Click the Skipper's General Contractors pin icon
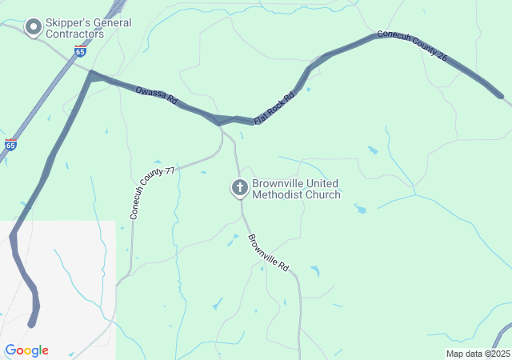(x=33, y=28)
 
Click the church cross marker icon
(x=239, y=188)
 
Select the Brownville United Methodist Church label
(x=296, y=189)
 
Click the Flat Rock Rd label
(x=274, y=108)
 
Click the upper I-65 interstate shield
(x=80, y=50)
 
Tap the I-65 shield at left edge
(x=10, y=145)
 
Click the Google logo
(x=26, y=350)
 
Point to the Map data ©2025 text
(x=478, y=354)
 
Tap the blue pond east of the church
(x=360, y=210)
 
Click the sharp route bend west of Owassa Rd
(x=93, y=76)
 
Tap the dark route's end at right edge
(x=501, y=97)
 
